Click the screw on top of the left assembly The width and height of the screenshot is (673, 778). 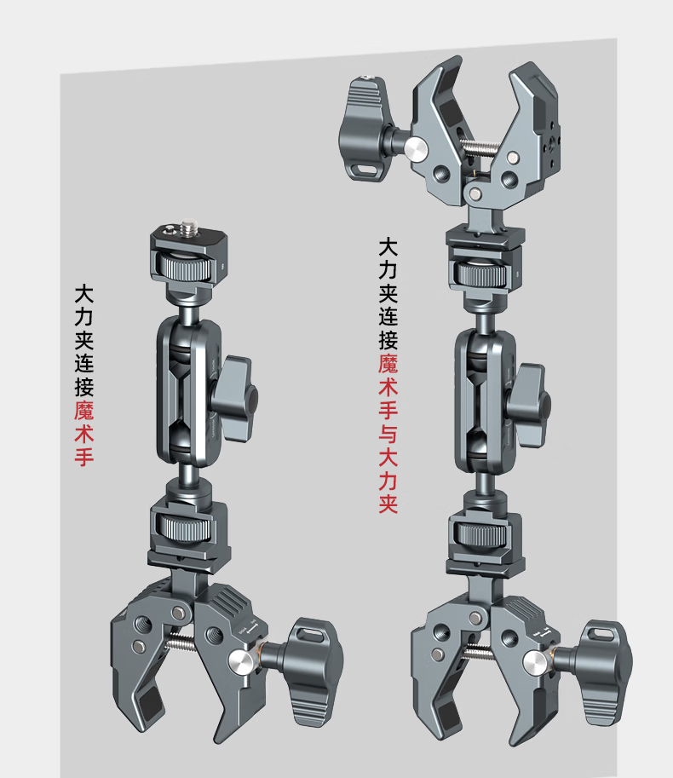coord(188,228)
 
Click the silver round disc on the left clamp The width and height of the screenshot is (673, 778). coord(242,662)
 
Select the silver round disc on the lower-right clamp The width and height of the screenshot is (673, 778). coord(536,664)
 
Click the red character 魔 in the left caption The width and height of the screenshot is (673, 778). coord(84,410)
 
